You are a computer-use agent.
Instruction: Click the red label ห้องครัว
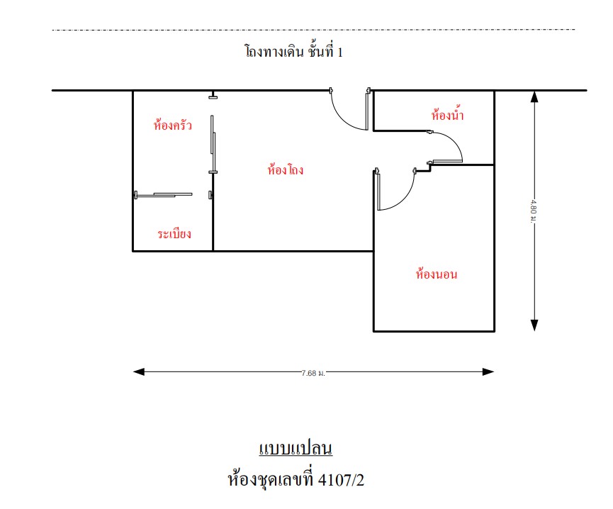(172, 124)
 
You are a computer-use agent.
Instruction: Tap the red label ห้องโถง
(286, 169)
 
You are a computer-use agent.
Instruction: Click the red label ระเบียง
(174, 233)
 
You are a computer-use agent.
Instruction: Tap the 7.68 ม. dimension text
(313, 373)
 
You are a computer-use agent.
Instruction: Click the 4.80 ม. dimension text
(533, 211)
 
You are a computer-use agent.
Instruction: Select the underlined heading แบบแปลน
(296, 448)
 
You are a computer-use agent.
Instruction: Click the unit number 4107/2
(341, 480)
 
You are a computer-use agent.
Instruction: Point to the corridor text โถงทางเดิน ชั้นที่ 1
(294, 51)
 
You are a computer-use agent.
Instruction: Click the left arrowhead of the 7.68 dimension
(139, 371)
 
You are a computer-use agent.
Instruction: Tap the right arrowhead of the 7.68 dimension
(488, 371)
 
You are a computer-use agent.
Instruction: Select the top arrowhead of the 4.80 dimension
(534, 96)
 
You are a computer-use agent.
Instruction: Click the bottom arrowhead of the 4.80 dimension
(534, 325)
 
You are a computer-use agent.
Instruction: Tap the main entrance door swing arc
(342, 119)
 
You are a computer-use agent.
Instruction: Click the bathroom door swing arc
(454, 140)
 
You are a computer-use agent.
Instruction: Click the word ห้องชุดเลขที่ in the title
(271, 479)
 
